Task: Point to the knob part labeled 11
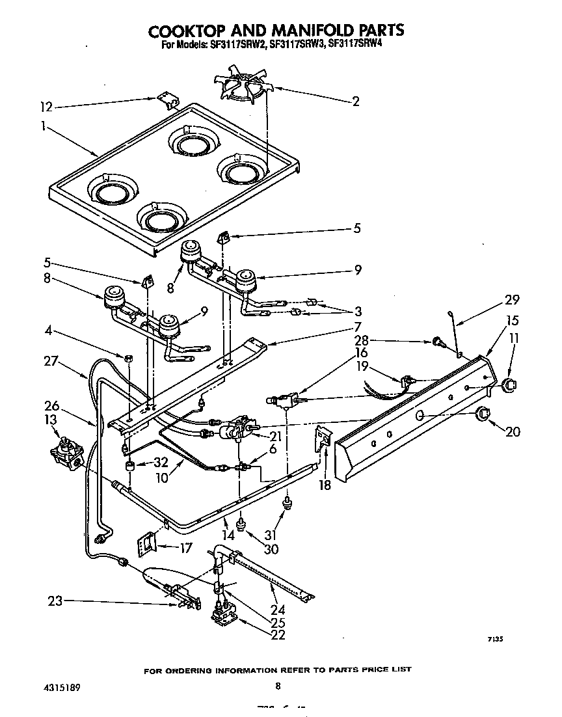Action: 508,385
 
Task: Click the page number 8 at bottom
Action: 278,686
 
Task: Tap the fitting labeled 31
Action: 286,502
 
